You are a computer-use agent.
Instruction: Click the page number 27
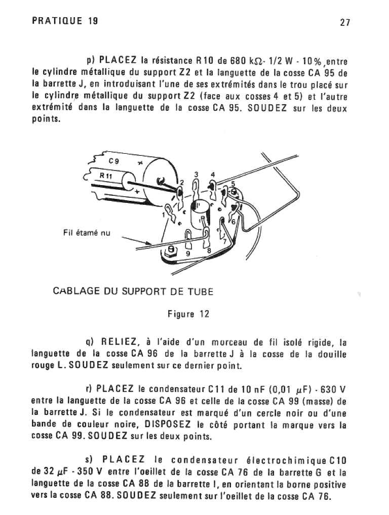(345, 23)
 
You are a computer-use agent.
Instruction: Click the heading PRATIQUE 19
(65, 21)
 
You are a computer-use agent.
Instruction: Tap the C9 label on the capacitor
(114, 161)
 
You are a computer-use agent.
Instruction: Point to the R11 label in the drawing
(106, 176)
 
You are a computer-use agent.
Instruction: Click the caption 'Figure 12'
(188, 314)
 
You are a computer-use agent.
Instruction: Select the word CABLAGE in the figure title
(75, 292)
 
